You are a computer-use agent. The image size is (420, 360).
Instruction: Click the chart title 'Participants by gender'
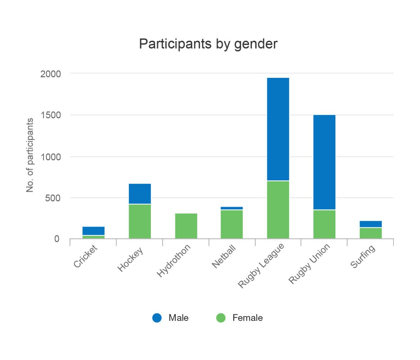pyautogui.click(x=208, y=44)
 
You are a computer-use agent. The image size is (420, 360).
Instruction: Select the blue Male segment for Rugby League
pyautogui.click(x=278, y=129)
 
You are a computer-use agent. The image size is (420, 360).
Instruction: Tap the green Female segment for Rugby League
pyautogui.click(x=278, y=210)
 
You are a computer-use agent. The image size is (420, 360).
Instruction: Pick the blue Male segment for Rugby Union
pyautogui.click(x=324, y=162)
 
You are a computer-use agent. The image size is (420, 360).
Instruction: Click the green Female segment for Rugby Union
pyautogui.click(x=324, y=224)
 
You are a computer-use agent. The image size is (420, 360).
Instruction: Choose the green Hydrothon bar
pyautogui.click(x=186, y=226)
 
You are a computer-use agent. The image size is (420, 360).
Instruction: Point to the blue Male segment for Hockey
pyautogui.click(x=140, y=194)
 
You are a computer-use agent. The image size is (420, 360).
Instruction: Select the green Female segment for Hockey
pyautogui.click(x=140, y=221)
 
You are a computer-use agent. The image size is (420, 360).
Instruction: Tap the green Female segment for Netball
pyautogui.click(x=232, y=224)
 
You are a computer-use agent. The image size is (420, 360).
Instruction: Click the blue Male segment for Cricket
pyautogui.click(x=94, y=231)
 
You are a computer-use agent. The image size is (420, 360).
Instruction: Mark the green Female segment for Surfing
pyautogui.click(x=370, y=233)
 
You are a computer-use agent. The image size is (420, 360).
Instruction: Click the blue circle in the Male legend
pyautogui.click(x=157, y=318)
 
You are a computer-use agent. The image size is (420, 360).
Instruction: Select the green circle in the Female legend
pyautogui.click(x=221, y=318)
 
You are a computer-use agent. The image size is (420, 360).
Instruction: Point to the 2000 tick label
pyautogui.click(x=51, y=74)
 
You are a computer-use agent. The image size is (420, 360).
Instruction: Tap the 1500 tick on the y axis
pyautogui.click(x=51, y=115)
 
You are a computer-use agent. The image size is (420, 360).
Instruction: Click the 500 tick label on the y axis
pyautogui.click(x=53, y=198)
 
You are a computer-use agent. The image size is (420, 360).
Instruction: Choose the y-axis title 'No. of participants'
pyautogui.click(x=30, y=155)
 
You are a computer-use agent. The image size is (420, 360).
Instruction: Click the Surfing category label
pyautogui.click(x=363, y=257)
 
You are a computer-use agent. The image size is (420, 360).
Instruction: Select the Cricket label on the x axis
pyautogui.click(x=86, y=257)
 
